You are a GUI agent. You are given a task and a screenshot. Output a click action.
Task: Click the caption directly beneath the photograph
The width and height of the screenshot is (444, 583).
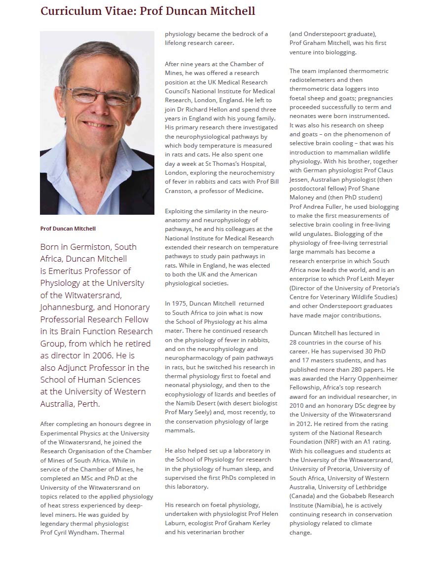click(x=68, y=229)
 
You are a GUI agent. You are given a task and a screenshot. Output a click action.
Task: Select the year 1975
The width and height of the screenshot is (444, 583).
click(x=180, y=304)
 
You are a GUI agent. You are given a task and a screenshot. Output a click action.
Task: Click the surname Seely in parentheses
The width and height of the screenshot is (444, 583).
click(x=202, y=412)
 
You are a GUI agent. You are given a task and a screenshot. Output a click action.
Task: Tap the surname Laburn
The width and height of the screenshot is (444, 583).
click(x=177, y=523)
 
